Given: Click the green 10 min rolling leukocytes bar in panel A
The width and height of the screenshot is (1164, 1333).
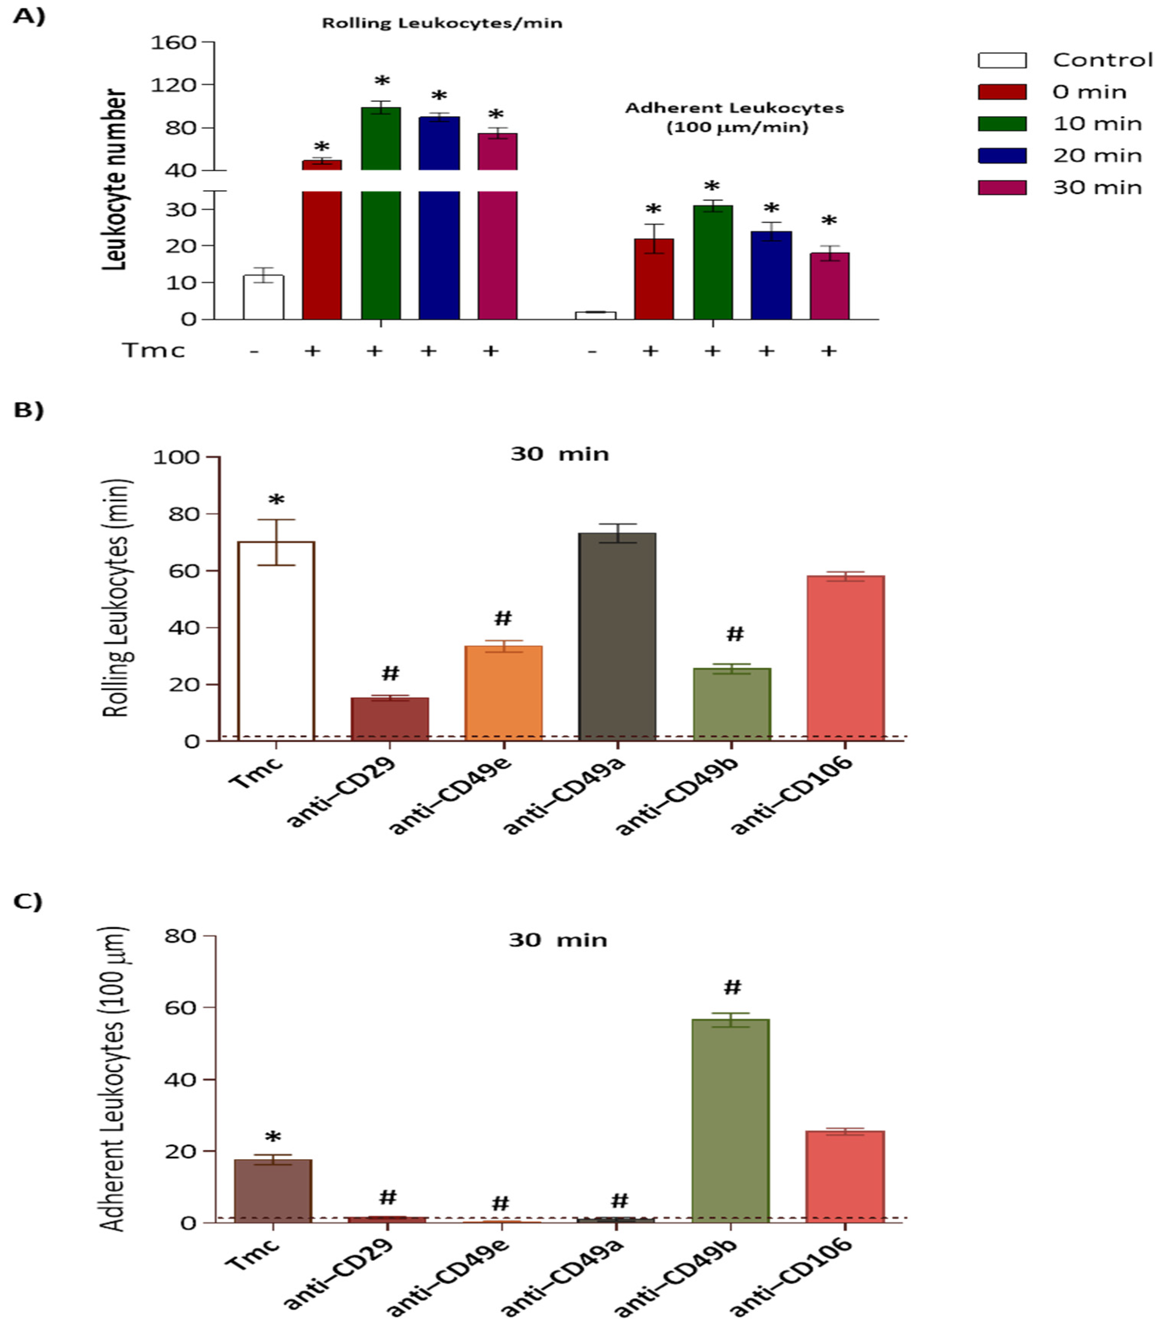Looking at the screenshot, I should click(x=381, y=247).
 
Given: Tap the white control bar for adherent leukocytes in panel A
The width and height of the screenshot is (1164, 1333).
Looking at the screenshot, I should click(x=595, y=316).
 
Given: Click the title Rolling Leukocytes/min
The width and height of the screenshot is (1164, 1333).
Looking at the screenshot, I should click(x=442, y=23).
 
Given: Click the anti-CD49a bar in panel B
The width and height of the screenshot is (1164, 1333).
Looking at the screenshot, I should click(x=617, y=636).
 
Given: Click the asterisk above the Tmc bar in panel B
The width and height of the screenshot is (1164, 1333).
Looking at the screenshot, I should click(x=276, y=501).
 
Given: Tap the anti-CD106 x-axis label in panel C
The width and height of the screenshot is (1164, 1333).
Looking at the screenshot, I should click(x=792, y=1279).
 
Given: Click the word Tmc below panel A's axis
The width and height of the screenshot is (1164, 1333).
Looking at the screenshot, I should click(x=154, y=351).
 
